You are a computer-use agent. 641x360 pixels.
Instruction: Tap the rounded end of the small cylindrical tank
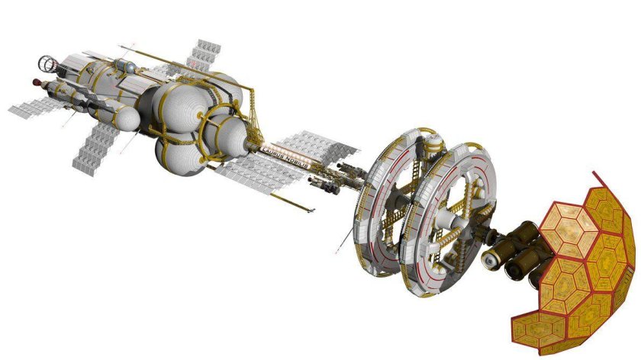(x=134, y=117)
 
